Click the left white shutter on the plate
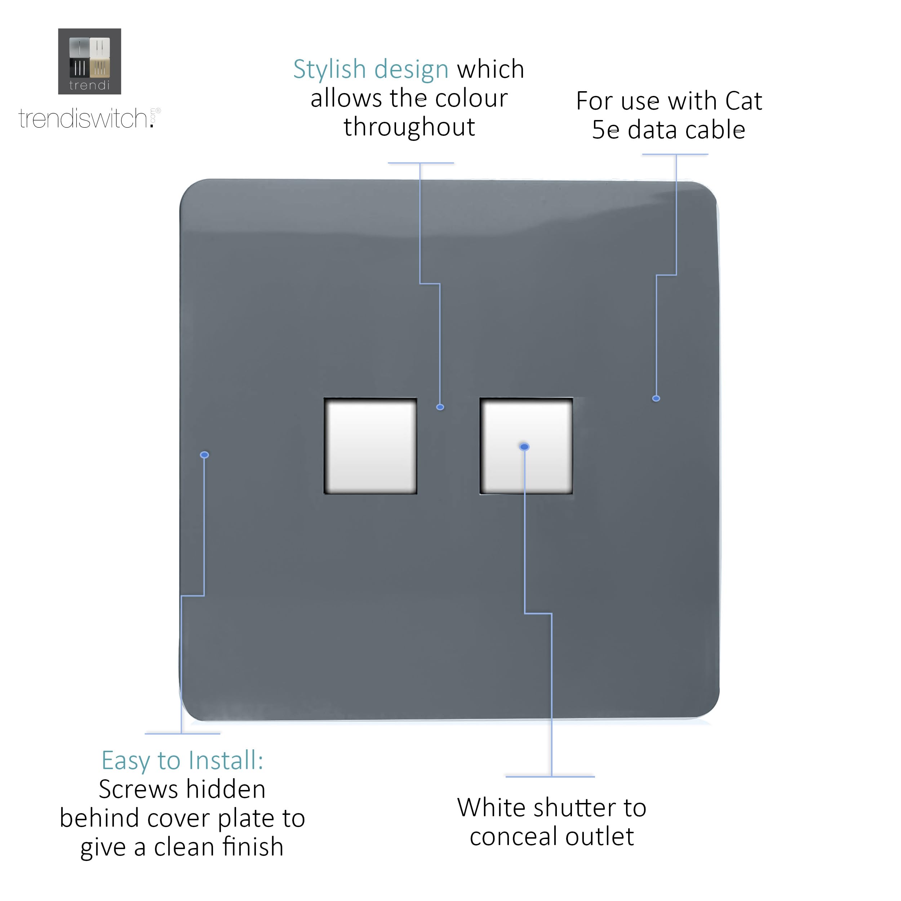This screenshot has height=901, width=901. (370, 446)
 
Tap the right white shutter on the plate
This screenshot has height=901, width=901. (526, 446)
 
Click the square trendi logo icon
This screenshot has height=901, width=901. (89, 61)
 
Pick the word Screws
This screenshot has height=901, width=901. (139, 790)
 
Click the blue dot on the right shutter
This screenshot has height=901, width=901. (524, 447)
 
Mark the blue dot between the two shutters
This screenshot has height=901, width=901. (440, 407)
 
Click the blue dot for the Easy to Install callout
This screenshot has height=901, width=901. (204, 455)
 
